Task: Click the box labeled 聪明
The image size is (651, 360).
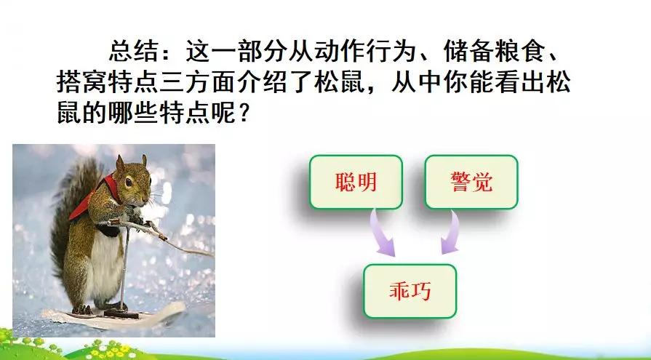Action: click(356, 182)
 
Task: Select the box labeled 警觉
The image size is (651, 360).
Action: click(471, 182)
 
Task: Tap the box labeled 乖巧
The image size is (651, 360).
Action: click(410, 291)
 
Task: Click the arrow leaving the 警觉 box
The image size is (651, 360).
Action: click(451, 233)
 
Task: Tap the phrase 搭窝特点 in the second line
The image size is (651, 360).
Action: click(108, 81)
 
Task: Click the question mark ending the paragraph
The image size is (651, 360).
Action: click(244, 112)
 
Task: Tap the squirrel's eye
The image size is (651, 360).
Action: click(129, 181)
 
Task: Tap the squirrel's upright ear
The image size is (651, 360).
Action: click(120, 163)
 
